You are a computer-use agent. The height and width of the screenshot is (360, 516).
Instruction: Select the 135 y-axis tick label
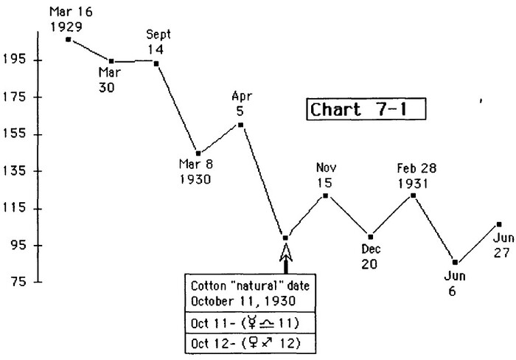[15, 171]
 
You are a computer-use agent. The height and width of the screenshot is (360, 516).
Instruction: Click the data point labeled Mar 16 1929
[68, 38]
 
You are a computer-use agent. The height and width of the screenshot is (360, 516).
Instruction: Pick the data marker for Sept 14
[156, 63]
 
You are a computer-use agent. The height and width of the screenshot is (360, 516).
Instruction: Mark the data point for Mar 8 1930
[198, 153]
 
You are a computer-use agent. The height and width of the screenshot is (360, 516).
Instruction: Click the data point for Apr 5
[241, 124]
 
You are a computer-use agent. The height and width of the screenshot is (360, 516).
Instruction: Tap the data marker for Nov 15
[325, 195]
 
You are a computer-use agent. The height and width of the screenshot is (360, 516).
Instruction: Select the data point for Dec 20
[370, 236]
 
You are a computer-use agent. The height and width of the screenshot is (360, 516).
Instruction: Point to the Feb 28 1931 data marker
[413, 195]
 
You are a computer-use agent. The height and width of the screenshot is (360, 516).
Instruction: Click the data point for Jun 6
[455, 262]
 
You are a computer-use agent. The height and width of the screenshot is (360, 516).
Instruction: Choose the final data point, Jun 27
[499, 224]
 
